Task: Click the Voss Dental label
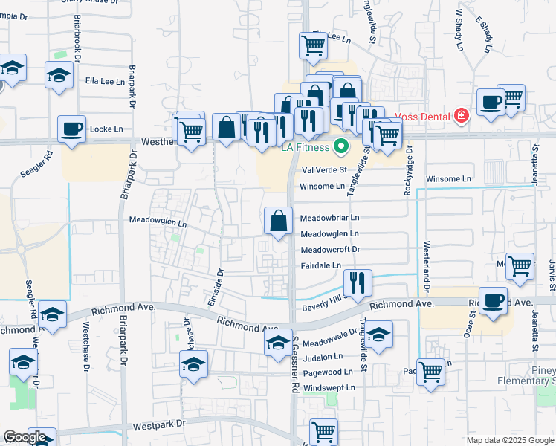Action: click(424, 116)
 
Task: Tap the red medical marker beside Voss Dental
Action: click(462, 116)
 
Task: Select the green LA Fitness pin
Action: click(341, 146)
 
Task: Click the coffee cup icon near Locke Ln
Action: click(73, 129)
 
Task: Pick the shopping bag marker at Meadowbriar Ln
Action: click(278, 221)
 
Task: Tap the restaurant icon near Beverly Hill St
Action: click(358, 283)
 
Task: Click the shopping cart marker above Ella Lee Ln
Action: click(314, 46)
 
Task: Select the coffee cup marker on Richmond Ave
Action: click(492, 301)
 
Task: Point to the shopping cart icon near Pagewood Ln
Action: click(431, 372)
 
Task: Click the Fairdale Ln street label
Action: click(320, 265)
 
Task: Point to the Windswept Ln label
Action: click(329, 387)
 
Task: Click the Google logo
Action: click(25, 437)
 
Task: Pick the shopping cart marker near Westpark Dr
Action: click(323, 431)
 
